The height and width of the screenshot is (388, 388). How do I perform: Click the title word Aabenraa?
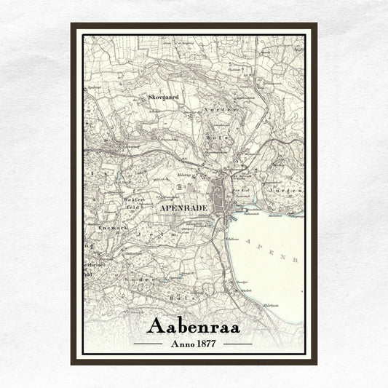(x=194, y=325)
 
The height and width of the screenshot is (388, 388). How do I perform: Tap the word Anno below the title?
(x=181, y=343)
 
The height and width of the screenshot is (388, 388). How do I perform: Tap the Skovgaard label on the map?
(x=162, y=96)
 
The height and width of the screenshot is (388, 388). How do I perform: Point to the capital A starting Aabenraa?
(x=156, y=325)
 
